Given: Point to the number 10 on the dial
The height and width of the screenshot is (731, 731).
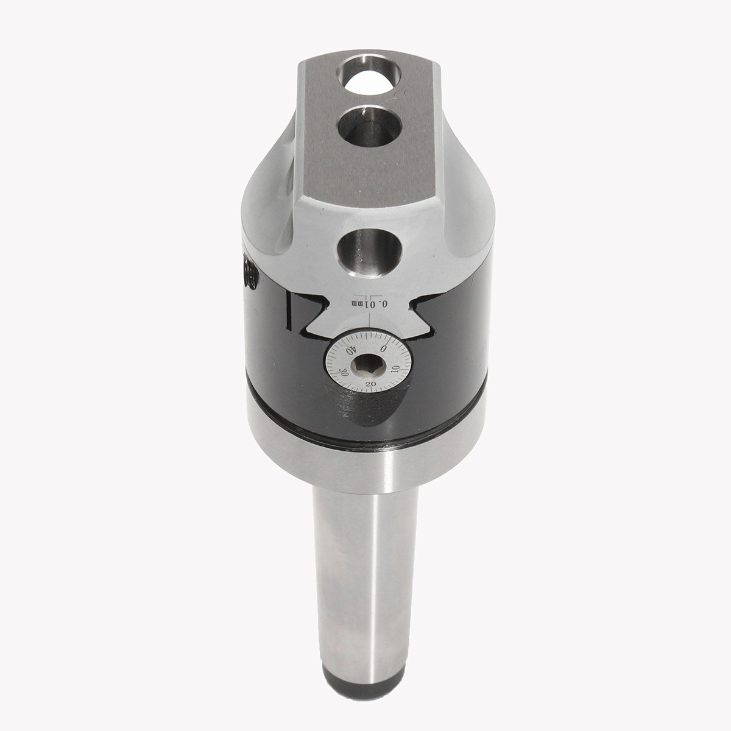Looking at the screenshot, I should click(x=395, y=369).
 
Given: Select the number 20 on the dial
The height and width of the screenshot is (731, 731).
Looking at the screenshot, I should click(x=370, y=385).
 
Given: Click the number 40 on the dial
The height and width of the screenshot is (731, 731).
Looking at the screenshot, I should click(x=351, y=351).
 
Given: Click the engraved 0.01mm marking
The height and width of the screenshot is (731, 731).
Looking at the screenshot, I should click(x=369, y=303).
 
